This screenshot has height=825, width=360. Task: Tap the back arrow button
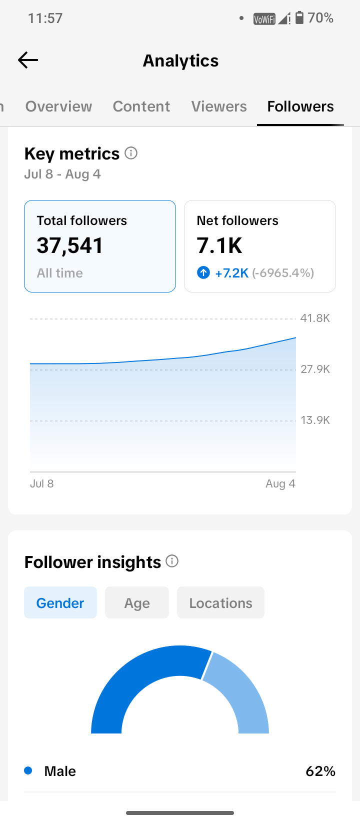(28, 60)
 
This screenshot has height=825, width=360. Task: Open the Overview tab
(58, 106)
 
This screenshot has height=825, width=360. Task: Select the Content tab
(141, 106)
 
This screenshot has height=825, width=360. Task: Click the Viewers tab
(219, 106)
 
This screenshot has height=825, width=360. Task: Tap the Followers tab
(300, 106)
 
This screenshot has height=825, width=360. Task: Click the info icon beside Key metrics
(131, 153)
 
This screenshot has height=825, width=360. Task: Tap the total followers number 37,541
(69, 245)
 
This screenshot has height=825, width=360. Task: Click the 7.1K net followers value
(219, 245)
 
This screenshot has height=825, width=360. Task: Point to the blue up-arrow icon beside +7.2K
(203, 272)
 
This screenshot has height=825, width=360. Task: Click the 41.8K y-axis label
(315, 318)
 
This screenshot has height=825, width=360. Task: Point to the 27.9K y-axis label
(315, 369)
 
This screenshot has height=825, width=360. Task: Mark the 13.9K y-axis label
(315, 420)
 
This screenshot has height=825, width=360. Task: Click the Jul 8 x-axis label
(41, 483)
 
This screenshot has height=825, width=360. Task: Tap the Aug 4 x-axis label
(280, 484)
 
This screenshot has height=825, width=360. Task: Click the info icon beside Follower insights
(172, 561)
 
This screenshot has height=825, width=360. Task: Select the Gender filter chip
(60, 602)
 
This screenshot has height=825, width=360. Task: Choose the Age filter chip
(137, 602)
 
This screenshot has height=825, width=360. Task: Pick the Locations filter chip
(220, 602)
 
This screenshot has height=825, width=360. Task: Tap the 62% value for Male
(320, 771)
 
